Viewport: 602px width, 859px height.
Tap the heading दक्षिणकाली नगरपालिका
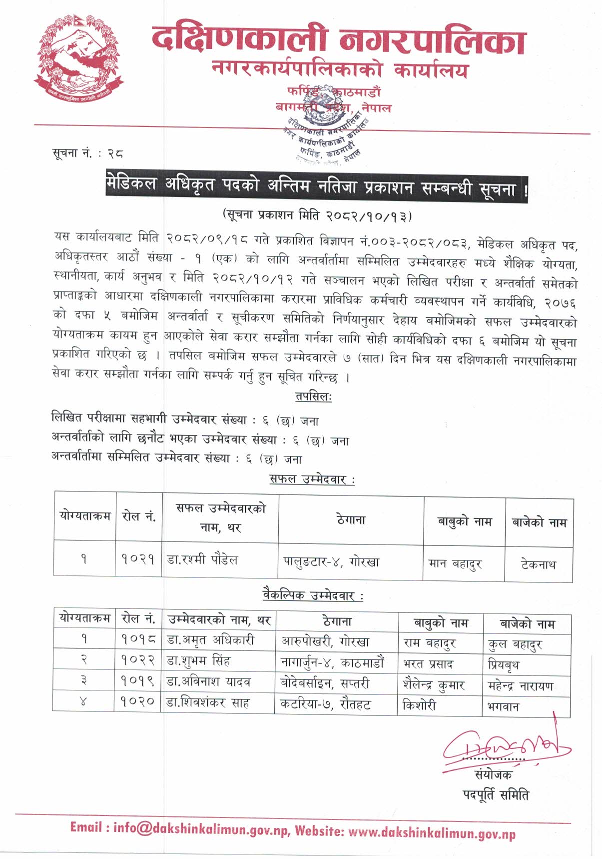click(339, 40)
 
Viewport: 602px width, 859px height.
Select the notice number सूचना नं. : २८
click(87, 153)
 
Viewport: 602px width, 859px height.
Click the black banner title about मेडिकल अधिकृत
click(317, 185)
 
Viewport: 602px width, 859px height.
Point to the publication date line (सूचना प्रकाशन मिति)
click(317, 215)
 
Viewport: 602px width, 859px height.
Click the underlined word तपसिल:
click(313, 396)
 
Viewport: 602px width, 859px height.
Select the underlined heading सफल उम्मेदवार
click(312, 479)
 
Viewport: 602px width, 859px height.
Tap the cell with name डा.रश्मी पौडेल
click(202, 559)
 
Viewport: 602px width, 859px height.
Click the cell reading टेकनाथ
click(538, 564)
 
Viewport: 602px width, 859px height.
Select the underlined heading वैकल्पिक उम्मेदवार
click(313, 595)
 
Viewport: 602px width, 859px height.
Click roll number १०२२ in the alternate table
click(138, 661)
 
